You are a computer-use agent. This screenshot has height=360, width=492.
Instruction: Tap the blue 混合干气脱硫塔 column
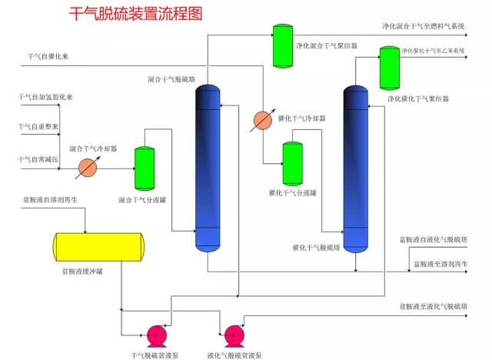pos(208,168)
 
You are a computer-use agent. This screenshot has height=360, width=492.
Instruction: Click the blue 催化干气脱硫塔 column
pos(356,168)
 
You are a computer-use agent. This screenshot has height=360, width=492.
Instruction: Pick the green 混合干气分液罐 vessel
pos(145,169)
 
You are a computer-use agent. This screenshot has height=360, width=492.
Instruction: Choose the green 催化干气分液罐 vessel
pos(293,163)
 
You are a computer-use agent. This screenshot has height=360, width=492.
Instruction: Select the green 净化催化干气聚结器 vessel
pos(388,68)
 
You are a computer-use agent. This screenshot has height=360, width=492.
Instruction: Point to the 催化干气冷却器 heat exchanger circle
pos(263,120)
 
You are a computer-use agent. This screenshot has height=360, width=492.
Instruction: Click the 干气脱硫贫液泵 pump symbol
pos(157,335)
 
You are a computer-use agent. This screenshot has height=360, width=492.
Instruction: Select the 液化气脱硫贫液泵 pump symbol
pos(235,335)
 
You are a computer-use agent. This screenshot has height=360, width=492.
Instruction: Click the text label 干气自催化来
pos(48,56)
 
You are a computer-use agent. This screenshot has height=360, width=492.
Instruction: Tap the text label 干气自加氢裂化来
pos(45,98)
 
